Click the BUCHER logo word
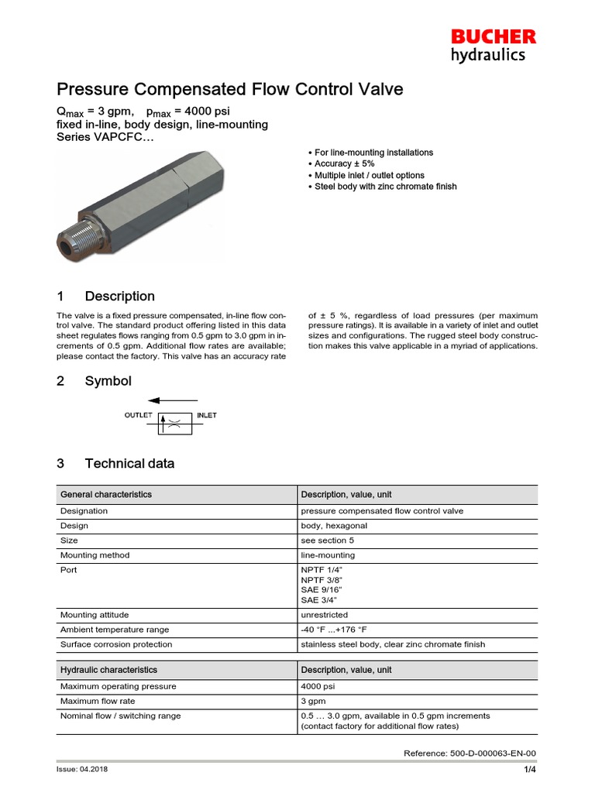click(x=494, y=36)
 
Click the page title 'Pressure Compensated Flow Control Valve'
click(x=230, y=89)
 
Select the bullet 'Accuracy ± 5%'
click(x=344, y=164)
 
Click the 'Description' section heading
click(x=119, y=297)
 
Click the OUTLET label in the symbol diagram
click(x=139, y=416)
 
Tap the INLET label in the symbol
click(x=207, y=416)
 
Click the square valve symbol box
click(x=175, y=423)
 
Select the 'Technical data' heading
click(x=129, y=464)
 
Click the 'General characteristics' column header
click(x=106, y=494)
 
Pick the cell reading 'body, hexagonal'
click(x=334, y=526)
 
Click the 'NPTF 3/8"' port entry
click(x=321, y=580)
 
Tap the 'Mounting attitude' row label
click(x=95, y=615)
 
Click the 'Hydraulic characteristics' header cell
click(x=108, y=670)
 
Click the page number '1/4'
click(x=530, y=769)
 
